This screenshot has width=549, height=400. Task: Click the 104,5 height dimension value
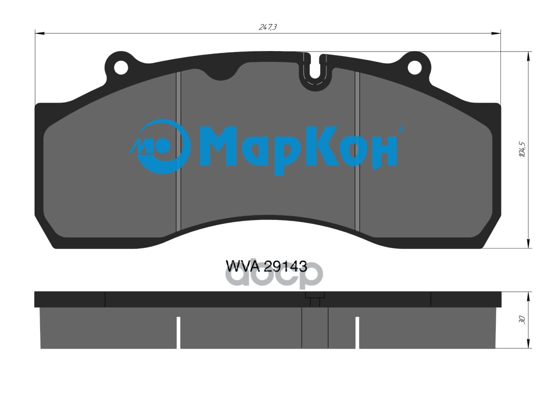coord(521,150)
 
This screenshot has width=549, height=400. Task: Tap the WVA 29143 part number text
coord(267,266)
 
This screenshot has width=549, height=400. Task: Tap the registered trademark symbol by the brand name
coord(400,128)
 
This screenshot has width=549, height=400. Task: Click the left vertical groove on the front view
coord(178,150)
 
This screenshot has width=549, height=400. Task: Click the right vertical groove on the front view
coord(357,150)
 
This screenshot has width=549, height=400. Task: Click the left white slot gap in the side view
coord(178,332)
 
